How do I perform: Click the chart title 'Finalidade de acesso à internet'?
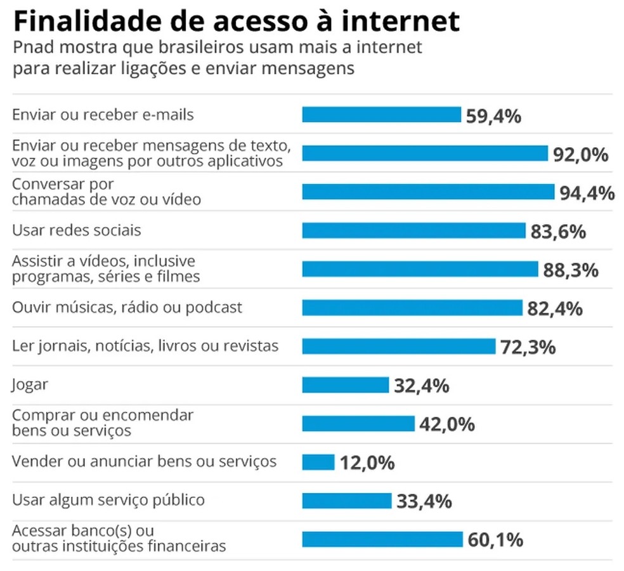click(235, 21)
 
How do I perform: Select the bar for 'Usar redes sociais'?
click(413, 230)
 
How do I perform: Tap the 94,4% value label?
click(587, 193)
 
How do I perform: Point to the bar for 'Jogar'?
click(345, 385)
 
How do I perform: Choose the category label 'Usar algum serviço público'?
click(108, 500)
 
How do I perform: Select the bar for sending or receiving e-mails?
click(381, 115)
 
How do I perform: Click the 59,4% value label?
click(493, 116)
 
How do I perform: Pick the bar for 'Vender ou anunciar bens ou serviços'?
click(318, 463)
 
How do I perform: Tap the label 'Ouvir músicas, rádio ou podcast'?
click(127, 308)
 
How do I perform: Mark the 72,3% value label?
click(528, 348)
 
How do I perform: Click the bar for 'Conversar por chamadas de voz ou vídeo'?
click(428, 192)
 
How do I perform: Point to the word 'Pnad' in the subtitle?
click(32, 48)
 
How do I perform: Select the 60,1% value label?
click(495, 541)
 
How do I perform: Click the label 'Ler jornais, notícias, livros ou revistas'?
click(145, 346)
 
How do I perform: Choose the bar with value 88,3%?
click(420, 269)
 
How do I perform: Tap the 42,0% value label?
click(447, 424)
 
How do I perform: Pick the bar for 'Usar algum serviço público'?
click(346, 501)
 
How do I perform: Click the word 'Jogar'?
click(30, 385)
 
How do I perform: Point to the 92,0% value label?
click(581, 154)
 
